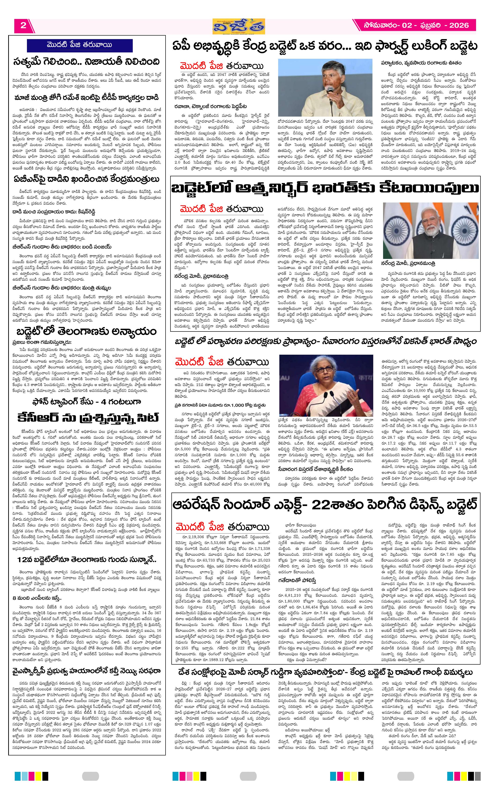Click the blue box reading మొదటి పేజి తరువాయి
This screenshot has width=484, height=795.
pyautogui.click(x=79, y=45)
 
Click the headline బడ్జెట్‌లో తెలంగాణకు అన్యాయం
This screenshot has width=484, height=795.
pyautogui.click(x=86, y=331)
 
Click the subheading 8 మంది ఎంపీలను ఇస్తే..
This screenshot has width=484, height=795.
pyautogui.click(x=37, y=598)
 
